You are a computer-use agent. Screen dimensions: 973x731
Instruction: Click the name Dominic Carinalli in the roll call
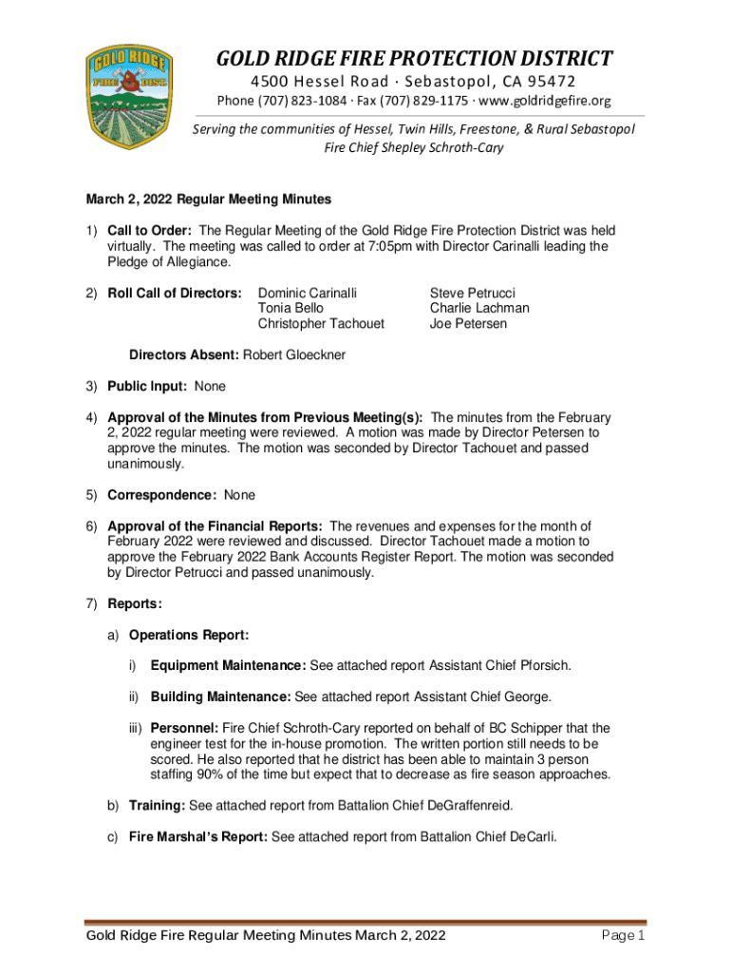click(x=309, y=294)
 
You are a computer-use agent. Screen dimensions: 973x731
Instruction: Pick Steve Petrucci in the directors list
click(x=472, y=294)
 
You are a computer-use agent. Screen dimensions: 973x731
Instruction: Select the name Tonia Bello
click(x=291, y=309)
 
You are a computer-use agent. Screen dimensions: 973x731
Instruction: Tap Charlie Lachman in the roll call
click(x=479, y=309)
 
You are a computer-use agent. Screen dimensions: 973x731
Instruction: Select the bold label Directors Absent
click(x=184, y=355)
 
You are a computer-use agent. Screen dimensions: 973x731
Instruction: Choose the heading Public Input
click(x=149, y=387)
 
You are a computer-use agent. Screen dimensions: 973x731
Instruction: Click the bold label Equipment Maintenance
click(x=228, y=665)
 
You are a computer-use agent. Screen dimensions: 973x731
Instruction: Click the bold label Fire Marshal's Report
click(x=198, y=837)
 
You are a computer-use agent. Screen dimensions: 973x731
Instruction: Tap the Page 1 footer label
click(x=624, y=937)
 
